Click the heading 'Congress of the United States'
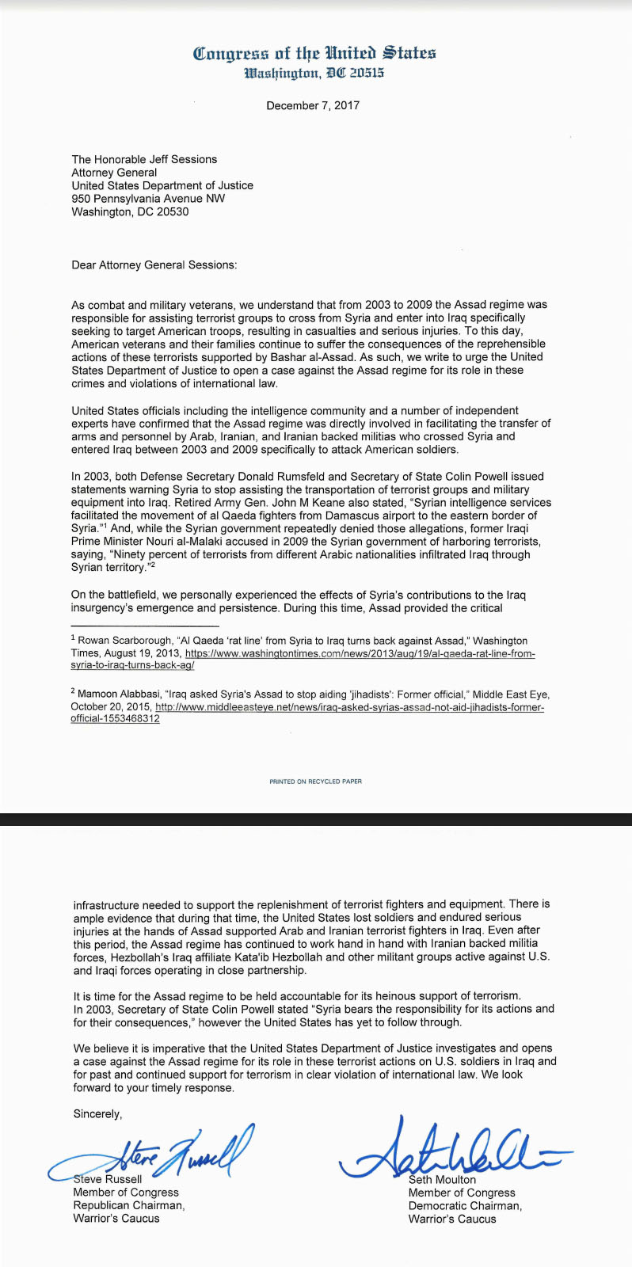[314, 53]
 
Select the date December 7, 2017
[313, 105]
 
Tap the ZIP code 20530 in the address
[173, 211]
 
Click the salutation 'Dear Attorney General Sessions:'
[154, 264]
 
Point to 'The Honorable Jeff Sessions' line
[144, 159]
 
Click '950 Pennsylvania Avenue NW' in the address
[148, 199]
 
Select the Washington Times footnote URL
[360, 654]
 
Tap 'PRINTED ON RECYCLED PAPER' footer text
[315, 782]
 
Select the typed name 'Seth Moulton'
[442, 1180]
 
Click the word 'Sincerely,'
[97, 1114]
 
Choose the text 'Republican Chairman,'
[128, 1205]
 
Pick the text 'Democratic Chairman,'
[465, 1206]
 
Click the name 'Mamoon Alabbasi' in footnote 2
[118, 694]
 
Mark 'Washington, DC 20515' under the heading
[314, 74]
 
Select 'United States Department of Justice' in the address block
[162, 185]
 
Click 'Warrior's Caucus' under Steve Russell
[116, 1219]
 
